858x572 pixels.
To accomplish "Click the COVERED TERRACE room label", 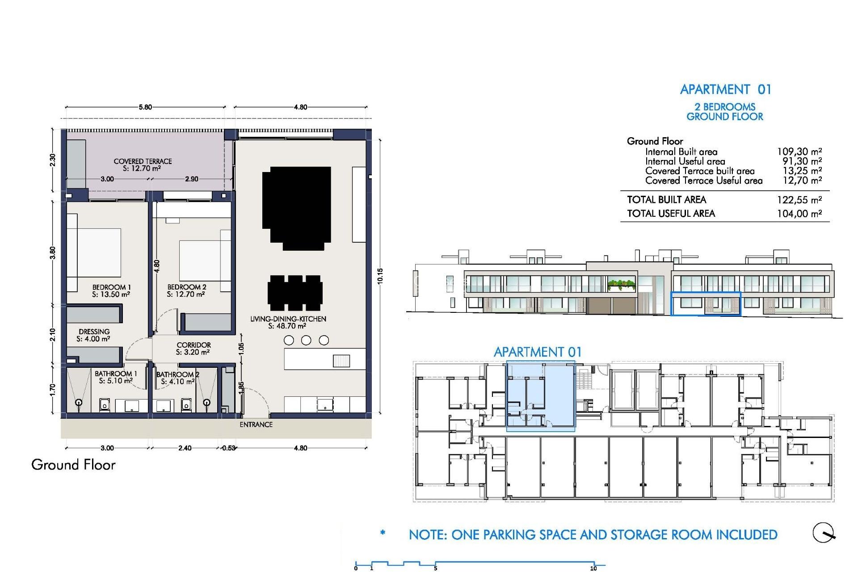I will pyautogui.click(x=143, y=161).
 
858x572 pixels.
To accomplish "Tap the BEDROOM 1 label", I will pyautogui.click(x=111, y=287).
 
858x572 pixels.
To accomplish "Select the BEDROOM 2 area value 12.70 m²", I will pyautogui.click(x=186, y=294).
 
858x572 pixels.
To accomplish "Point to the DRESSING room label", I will pyautogui.click(x=94, y=332).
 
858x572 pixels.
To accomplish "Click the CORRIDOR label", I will pyautogui.click(x=193, y=345).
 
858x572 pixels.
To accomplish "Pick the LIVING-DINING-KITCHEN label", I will pyautogui.click(x=288, y=319).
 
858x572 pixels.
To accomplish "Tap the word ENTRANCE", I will pyautogui.click(x=256, y=425).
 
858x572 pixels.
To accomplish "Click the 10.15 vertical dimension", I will pyautogui.click(x=380, y=276).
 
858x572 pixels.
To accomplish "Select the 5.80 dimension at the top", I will pyautogui.click(x=145, y=107).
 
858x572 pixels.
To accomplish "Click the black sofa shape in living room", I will pyautogui.click(x=297, y=206).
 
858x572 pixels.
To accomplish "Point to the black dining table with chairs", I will pyautogui.click(x=295, y=293).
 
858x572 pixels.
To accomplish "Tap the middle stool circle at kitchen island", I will pyautogui.click(x=306, y=341).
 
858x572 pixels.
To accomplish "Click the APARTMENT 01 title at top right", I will pyautogui.click(x=725, y=89).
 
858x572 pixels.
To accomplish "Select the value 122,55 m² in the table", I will pyautogui.click(x=799, y=200).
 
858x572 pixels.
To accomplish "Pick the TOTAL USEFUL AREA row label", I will pyautogui.click(x=671, y=214).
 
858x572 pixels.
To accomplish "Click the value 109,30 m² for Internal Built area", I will pyautogui.click(x=799, y=152).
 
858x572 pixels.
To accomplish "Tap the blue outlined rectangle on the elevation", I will pyautogui.click(x=706, y=304).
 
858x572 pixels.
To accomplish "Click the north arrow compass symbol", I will pyautogui.click(x=823, y=533).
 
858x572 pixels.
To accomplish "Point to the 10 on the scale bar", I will pyautogui.click(x=593, y=568).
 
